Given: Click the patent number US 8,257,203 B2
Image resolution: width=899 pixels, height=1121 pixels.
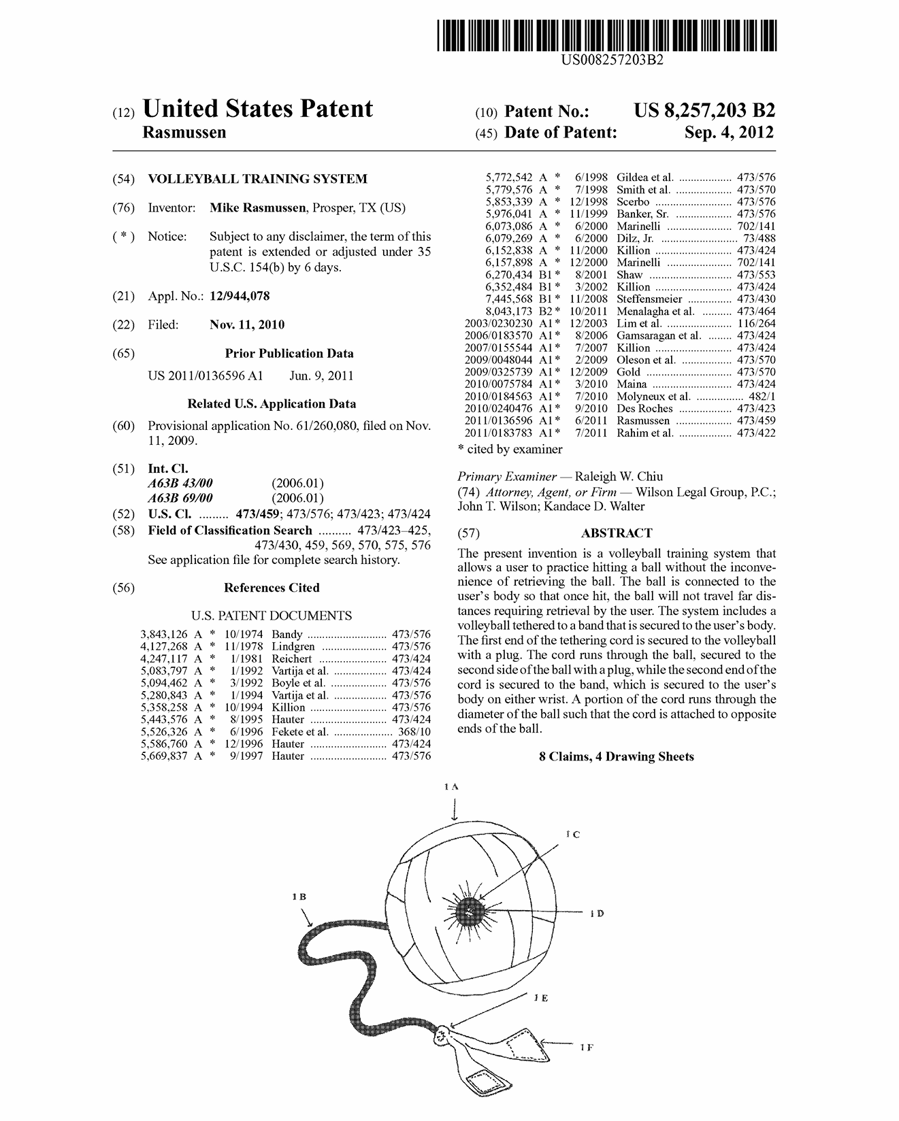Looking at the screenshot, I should click(704, 110).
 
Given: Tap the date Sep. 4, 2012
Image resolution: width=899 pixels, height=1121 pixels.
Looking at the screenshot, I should click(729, 133).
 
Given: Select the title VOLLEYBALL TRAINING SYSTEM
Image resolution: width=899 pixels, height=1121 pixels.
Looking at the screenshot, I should click(257, 179).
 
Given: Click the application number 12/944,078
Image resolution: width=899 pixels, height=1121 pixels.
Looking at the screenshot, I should click(240, 296).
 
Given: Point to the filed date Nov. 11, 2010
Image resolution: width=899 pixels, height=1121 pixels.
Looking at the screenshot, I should click(247, 324).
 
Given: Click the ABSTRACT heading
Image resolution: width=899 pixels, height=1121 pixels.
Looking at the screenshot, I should click(616, 533).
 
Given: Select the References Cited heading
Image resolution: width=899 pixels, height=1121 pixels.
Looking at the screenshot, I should click(272, 588).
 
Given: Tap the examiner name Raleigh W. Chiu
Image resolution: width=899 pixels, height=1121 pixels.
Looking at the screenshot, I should click(619, 476).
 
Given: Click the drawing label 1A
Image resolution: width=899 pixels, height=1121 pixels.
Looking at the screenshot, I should click(451, 786).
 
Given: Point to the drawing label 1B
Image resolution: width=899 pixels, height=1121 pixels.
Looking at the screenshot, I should click(298, 897).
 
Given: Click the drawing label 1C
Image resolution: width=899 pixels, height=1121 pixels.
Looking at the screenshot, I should click(572, 834).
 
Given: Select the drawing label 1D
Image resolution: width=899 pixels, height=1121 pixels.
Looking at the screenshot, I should click(596, 914).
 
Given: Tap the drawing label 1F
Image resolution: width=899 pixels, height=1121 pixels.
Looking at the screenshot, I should click(586, 1048).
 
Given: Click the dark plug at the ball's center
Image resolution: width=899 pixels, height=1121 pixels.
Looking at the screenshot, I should click(468, 910).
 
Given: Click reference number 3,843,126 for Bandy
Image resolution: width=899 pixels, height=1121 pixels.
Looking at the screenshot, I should click(164, 635).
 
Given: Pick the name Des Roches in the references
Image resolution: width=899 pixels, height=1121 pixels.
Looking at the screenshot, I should click(644, 409).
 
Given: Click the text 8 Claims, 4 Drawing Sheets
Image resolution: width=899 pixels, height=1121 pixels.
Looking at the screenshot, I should click(617, 756).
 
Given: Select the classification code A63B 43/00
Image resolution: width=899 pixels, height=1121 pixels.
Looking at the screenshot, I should click(180, 484).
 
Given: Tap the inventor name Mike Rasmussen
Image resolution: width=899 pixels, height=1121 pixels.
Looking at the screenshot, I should click(257, 208).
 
